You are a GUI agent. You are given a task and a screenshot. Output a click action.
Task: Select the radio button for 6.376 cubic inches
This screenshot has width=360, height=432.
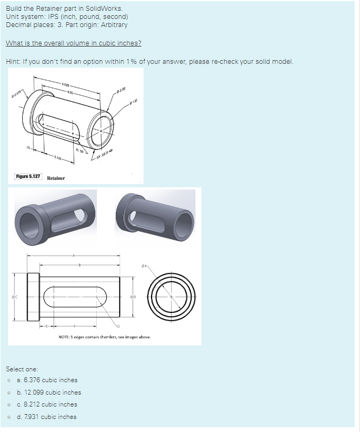pyautogui.click(x=9, y=380)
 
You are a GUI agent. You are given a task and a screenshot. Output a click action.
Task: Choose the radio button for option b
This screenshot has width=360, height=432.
pyautogui.click(x=9, y=392)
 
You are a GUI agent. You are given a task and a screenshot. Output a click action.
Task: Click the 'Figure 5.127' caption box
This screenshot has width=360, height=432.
pyautogui.click(x=28, y=177)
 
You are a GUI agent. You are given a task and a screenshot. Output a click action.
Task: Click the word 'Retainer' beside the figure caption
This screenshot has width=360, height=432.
pyautogui.click(x=56, y=178)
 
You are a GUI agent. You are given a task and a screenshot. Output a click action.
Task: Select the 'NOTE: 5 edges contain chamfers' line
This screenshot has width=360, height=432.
pyautogui.click(x=104, y=337)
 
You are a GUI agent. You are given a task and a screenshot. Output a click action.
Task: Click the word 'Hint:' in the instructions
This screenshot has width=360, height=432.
pyautogui.click(x=14, y=61)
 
